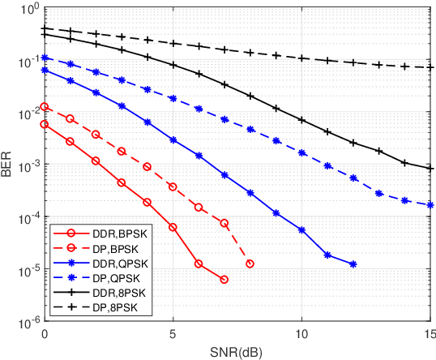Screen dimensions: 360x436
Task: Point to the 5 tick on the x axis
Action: (173, 333)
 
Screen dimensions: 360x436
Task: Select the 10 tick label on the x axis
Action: (301, 333)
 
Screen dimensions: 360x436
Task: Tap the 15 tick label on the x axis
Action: (429, 333)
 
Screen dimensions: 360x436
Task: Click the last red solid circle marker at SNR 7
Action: (224, 280)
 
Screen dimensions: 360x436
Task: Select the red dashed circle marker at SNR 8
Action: (250, 264)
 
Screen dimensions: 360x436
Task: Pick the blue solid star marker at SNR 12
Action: (353, 264)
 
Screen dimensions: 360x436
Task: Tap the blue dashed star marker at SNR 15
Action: (430, 205)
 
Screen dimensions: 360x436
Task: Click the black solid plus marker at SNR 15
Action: (430, 169)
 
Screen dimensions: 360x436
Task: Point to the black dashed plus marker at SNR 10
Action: (301, 58)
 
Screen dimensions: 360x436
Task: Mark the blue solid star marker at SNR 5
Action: (173, 140)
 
